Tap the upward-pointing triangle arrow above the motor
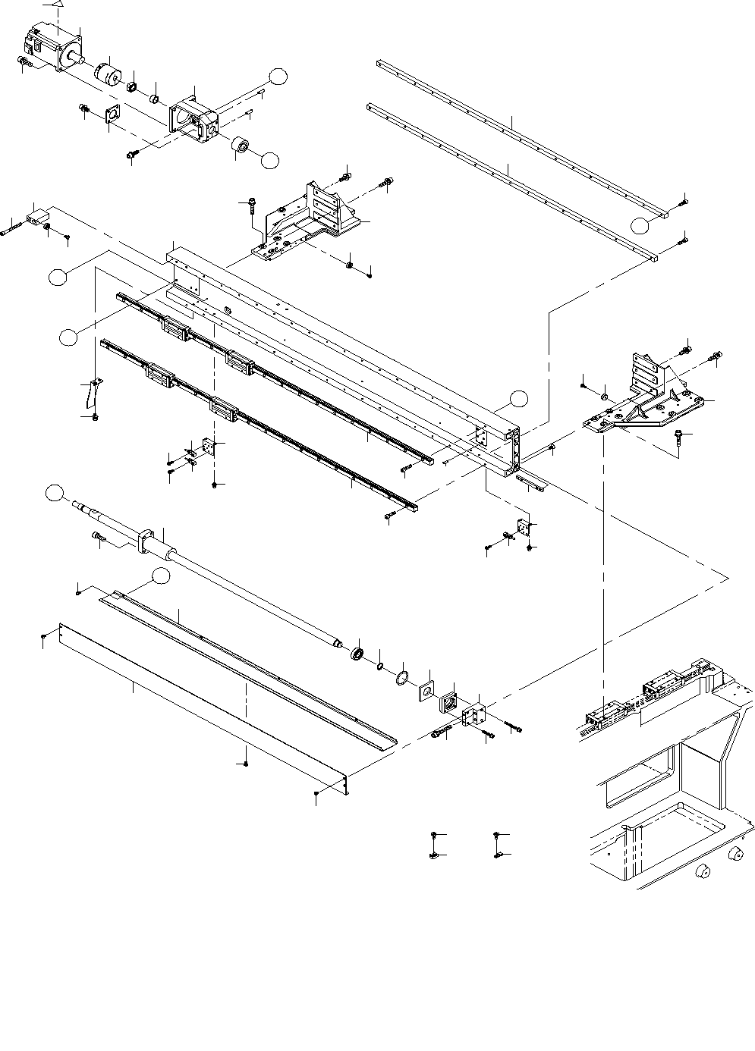point(57,4)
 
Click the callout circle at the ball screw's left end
point(54,493)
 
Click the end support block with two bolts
point(474,715)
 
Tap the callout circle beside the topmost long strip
point(641,224)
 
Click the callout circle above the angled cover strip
point(159,576)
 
